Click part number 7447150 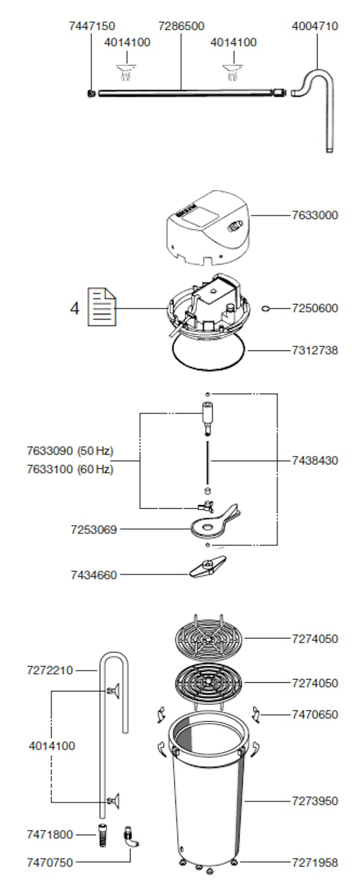pyautogui.click(x=92, y=26)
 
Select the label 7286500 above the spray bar pyautogui.click(x=181, y=26)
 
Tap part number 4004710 pyautogui.click(x=315, y=26)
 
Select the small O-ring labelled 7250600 pyautogui.click(x=266, y=309)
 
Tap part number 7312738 pyautogui.click(x=315, y=350)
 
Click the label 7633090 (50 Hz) pyautogui.click(x=70, y=451)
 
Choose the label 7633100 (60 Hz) pyautogui.click(x=70, y=469)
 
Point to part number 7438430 pyautogui.click(x=315, y=460)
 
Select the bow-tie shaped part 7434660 pyautogui.click(x=207, y=566)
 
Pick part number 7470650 pyautogui.click(x=315, y=714)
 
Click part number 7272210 pyautogui.click(x=50, y=670)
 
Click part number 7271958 pyautogui.click(x=315, y=863)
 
